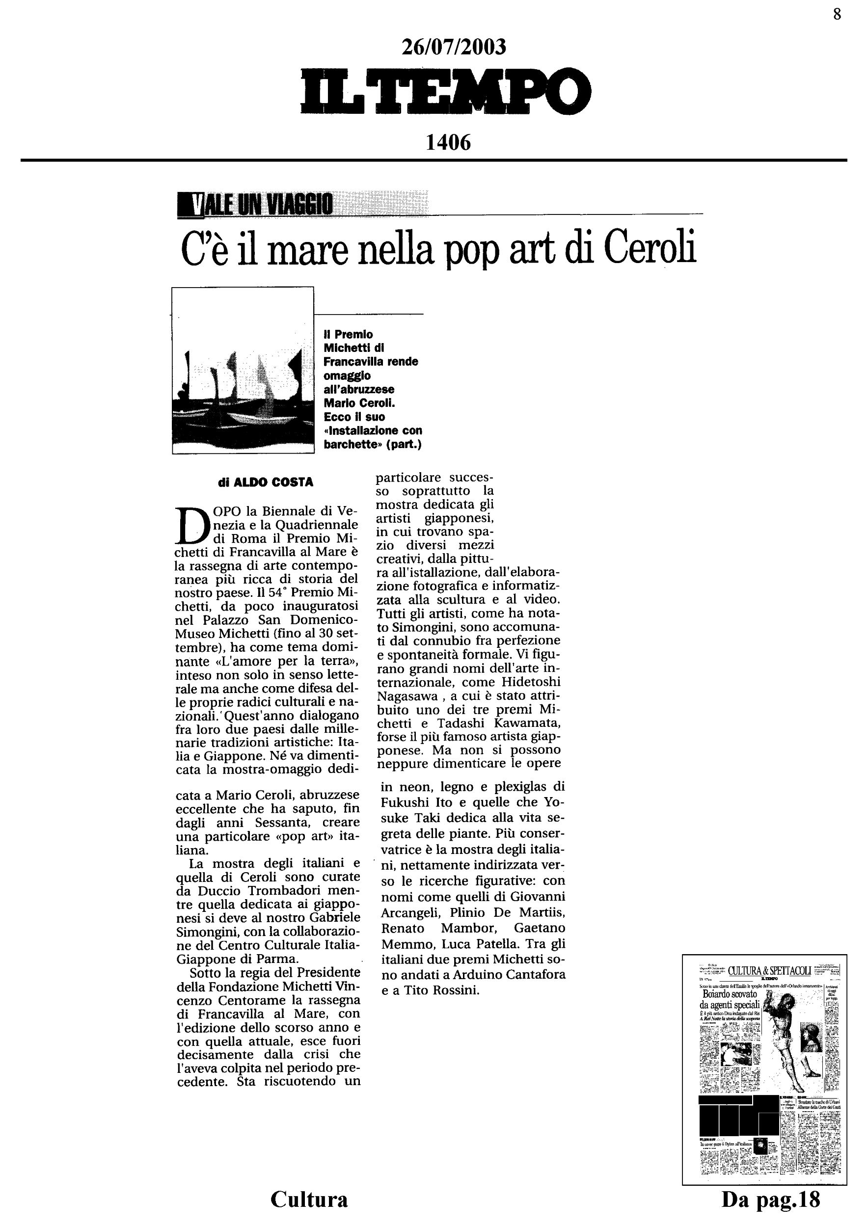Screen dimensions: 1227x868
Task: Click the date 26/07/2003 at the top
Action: coord(453,47)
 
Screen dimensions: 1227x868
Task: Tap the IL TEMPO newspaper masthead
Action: coord(446,91)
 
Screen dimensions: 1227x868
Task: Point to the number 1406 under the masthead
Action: coord(448,142)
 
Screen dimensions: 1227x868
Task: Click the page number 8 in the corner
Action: coord(837,14)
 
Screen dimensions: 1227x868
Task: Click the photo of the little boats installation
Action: coord(243,371)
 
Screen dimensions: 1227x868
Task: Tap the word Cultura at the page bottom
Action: coord(309,1199)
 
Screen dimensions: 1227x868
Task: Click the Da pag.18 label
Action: coord(771,1199)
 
